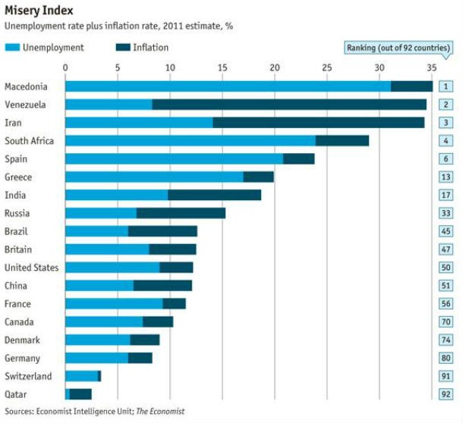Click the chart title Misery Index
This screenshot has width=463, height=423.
39,11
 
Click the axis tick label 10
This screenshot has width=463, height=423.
170,67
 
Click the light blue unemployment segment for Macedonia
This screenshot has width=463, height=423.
228,86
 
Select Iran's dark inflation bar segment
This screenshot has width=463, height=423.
319,122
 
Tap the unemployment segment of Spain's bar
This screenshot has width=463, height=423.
174,158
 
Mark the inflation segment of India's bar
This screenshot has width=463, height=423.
214,195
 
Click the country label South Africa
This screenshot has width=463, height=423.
28,140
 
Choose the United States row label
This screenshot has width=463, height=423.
31,268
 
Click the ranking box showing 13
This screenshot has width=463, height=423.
446,177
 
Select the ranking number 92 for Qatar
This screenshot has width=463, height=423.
446,394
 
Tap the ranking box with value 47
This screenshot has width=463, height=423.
446,249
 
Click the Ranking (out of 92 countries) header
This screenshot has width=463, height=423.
397,48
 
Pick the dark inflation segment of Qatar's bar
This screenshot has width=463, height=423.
80,394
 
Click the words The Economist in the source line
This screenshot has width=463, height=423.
160,412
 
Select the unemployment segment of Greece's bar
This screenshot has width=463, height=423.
154,177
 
